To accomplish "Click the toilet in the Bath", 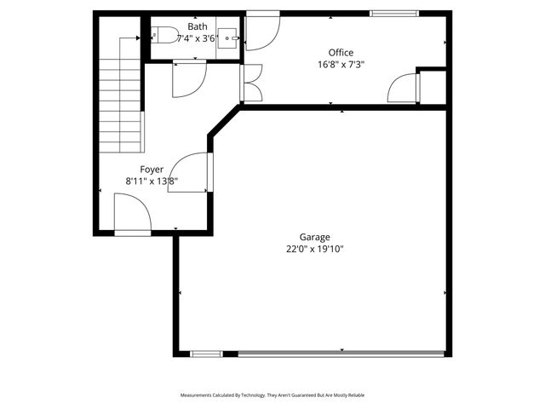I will click(164, 36).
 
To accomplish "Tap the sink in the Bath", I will click(228, 37).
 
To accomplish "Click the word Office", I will click(341, 53).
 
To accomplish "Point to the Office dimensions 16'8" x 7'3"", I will click(341, 64).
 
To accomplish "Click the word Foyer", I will click(152, 170).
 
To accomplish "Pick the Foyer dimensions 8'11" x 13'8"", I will click(152, 181).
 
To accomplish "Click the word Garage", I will click(314, 238).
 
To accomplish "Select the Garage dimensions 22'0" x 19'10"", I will click(314, 250).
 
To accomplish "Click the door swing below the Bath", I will click(187, 79).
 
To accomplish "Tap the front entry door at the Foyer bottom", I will click(132, 213).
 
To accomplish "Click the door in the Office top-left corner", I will click(261, 32).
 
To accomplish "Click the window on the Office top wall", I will click(394, 13).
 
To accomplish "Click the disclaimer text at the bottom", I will click(272, 395).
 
